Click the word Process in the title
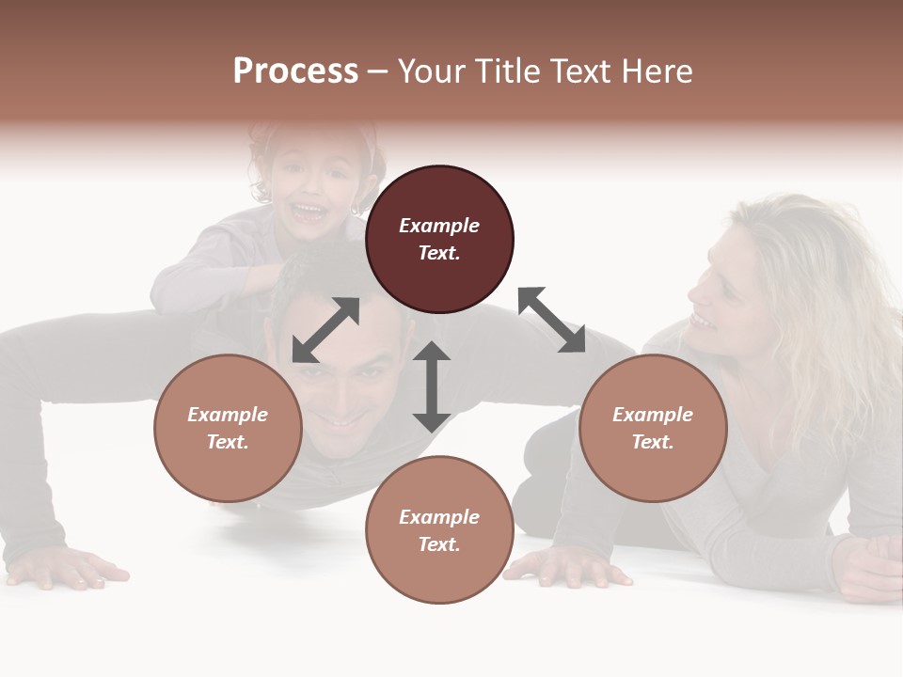pyautogui.click(x=295, y=71)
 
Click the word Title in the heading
pyautogui.click(x=507, y=71)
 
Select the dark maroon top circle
pyautogui.click(x=439, y=240)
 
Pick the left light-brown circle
pyautogui.click(x=228, y=429)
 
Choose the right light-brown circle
pyautogui.click(x=653, y=429)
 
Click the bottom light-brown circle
pyautogui.click(x=439, y=529)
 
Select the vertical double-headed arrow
pyautogui.click(x=432, y=387)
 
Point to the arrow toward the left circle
pyautogui.click(x=325, y=330)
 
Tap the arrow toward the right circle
pyautogui.click(x=551, y=320)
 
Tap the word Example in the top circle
pyautogui.click(x=439, y=226)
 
